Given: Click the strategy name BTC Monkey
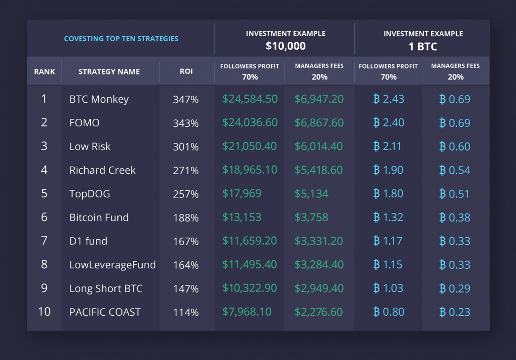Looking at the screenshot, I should tap(99, 99).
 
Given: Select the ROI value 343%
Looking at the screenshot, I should tap(185, 123).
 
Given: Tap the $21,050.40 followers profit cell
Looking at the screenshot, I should tap(249, 147).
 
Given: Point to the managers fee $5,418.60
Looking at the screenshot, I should tap(319, 170).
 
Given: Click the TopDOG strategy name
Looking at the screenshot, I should tap(89, 194).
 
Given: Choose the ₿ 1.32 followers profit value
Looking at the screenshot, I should tap(388, 218).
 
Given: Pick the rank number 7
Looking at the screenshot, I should tap(44, 241).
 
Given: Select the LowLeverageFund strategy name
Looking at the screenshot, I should tap(112, 265).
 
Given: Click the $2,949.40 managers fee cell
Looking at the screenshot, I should tap(319, 289).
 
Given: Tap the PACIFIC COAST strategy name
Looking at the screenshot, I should tap(105, 312).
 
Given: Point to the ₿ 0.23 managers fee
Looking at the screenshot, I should tap(455, 312).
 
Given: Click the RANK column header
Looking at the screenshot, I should tap(44, 71).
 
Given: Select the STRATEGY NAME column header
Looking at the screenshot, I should tap(109, 71).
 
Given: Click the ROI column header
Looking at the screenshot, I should tap(186, 71).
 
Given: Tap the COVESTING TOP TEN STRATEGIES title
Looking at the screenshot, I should tap(121, 38).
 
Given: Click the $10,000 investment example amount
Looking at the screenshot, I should tap(286, 46).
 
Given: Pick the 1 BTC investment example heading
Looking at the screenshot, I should tap(423, 46).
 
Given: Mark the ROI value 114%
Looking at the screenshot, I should tap(185, 313).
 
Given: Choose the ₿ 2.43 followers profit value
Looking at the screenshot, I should tap(388, 99).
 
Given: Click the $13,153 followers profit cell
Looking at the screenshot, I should tap(242, 218).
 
